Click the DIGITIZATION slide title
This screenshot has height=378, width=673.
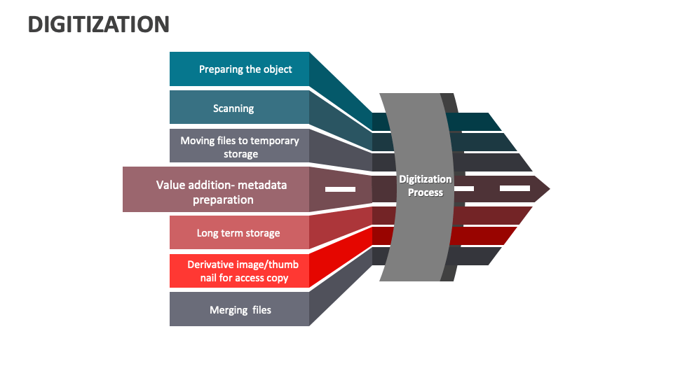point(98,24)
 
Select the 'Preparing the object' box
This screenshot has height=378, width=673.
point(239,69)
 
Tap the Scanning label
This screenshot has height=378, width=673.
point(233,108)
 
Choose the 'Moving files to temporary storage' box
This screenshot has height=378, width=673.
point(239,146)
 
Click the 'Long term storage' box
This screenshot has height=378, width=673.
point(239,233)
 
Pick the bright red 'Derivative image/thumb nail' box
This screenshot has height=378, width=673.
point(239,271)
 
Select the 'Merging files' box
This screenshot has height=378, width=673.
point(239,309)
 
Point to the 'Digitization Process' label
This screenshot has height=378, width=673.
point(426,185)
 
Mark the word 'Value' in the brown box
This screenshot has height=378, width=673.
point(171,185)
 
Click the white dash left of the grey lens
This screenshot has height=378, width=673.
point(340,189)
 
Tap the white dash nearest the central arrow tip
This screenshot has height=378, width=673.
point(515,188)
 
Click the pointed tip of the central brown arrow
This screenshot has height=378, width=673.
point(548,188)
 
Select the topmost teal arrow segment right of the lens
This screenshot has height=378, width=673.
point(477,122)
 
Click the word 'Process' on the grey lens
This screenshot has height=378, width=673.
point(426,192)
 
